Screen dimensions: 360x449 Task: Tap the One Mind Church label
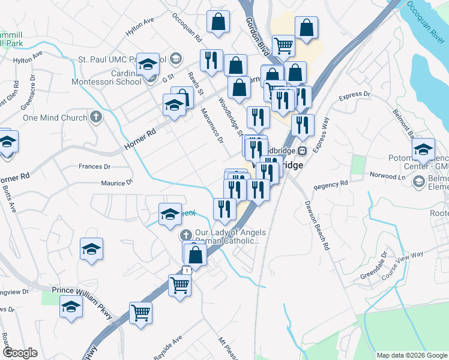(55, 118)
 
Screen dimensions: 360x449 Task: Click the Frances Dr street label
(95, 166)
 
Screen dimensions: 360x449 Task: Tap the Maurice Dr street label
(116, 183)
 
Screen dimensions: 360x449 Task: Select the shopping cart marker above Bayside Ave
(140, 311)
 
